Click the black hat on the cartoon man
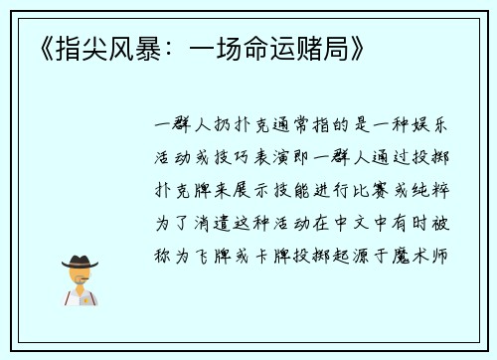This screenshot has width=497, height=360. (x=80, y=262)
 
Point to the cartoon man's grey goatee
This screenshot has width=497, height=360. (x=80, y=283)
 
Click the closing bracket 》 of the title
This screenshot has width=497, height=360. (x=355, y=47)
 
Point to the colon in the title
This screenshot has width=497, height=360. (x=164, y=47)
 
